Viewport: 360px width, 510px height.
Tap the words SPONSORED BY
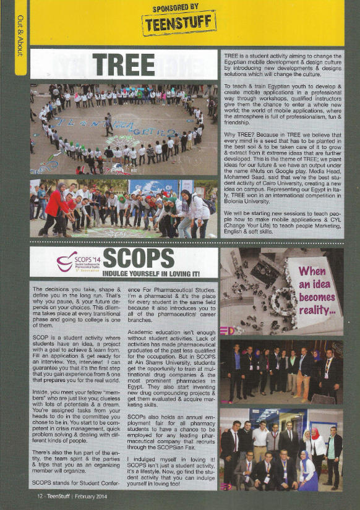pyautogui.click(x=179, y=7)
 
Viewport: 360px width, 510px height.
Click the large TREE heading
pyautogui.click(x=124, y=64)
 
